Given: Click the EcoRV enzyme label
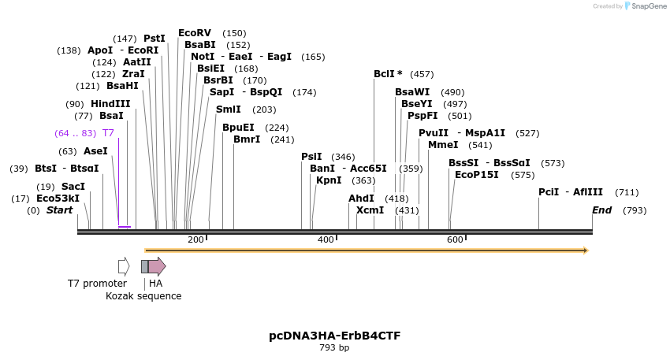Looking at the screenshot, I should coord(195,33).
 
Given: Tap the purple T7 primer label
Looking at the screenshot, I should coord(108,133).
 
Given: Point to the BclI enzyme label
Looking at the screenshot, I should coord(384,74).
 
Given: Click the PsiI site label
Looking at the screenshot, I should coord(311,157).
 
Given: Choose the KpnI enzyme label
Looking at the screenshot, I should coord(328,180).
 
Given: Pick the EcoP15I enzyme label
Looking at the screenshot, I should coord(477,175).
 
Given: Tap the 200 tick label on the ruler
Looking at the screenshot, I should coord(195,239).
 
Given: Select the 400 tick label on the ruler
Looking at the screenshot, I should coord(326,239).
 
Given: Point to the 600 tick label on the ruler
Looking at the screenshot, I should coord(455,239).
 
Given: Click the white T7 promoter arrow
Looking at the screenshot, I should coord(124,266).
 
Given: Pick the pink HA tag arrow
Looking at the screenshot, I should coord(157,266).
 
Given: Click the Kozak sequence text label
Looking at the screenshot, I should coord(143,296).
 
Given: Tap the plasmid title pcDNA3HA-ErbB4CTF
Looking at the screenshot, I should coord(334,336).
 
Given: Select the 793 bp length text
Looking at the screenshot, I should coord(334,347).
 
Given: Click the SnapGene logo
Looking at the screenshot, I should coord(646,6).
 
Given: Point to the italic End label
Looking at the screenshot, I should coord(601,210).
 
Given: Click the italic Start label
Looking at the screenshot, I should coord(59,210).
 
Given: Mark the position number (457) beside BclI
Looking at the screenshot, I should coord(422,74).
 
